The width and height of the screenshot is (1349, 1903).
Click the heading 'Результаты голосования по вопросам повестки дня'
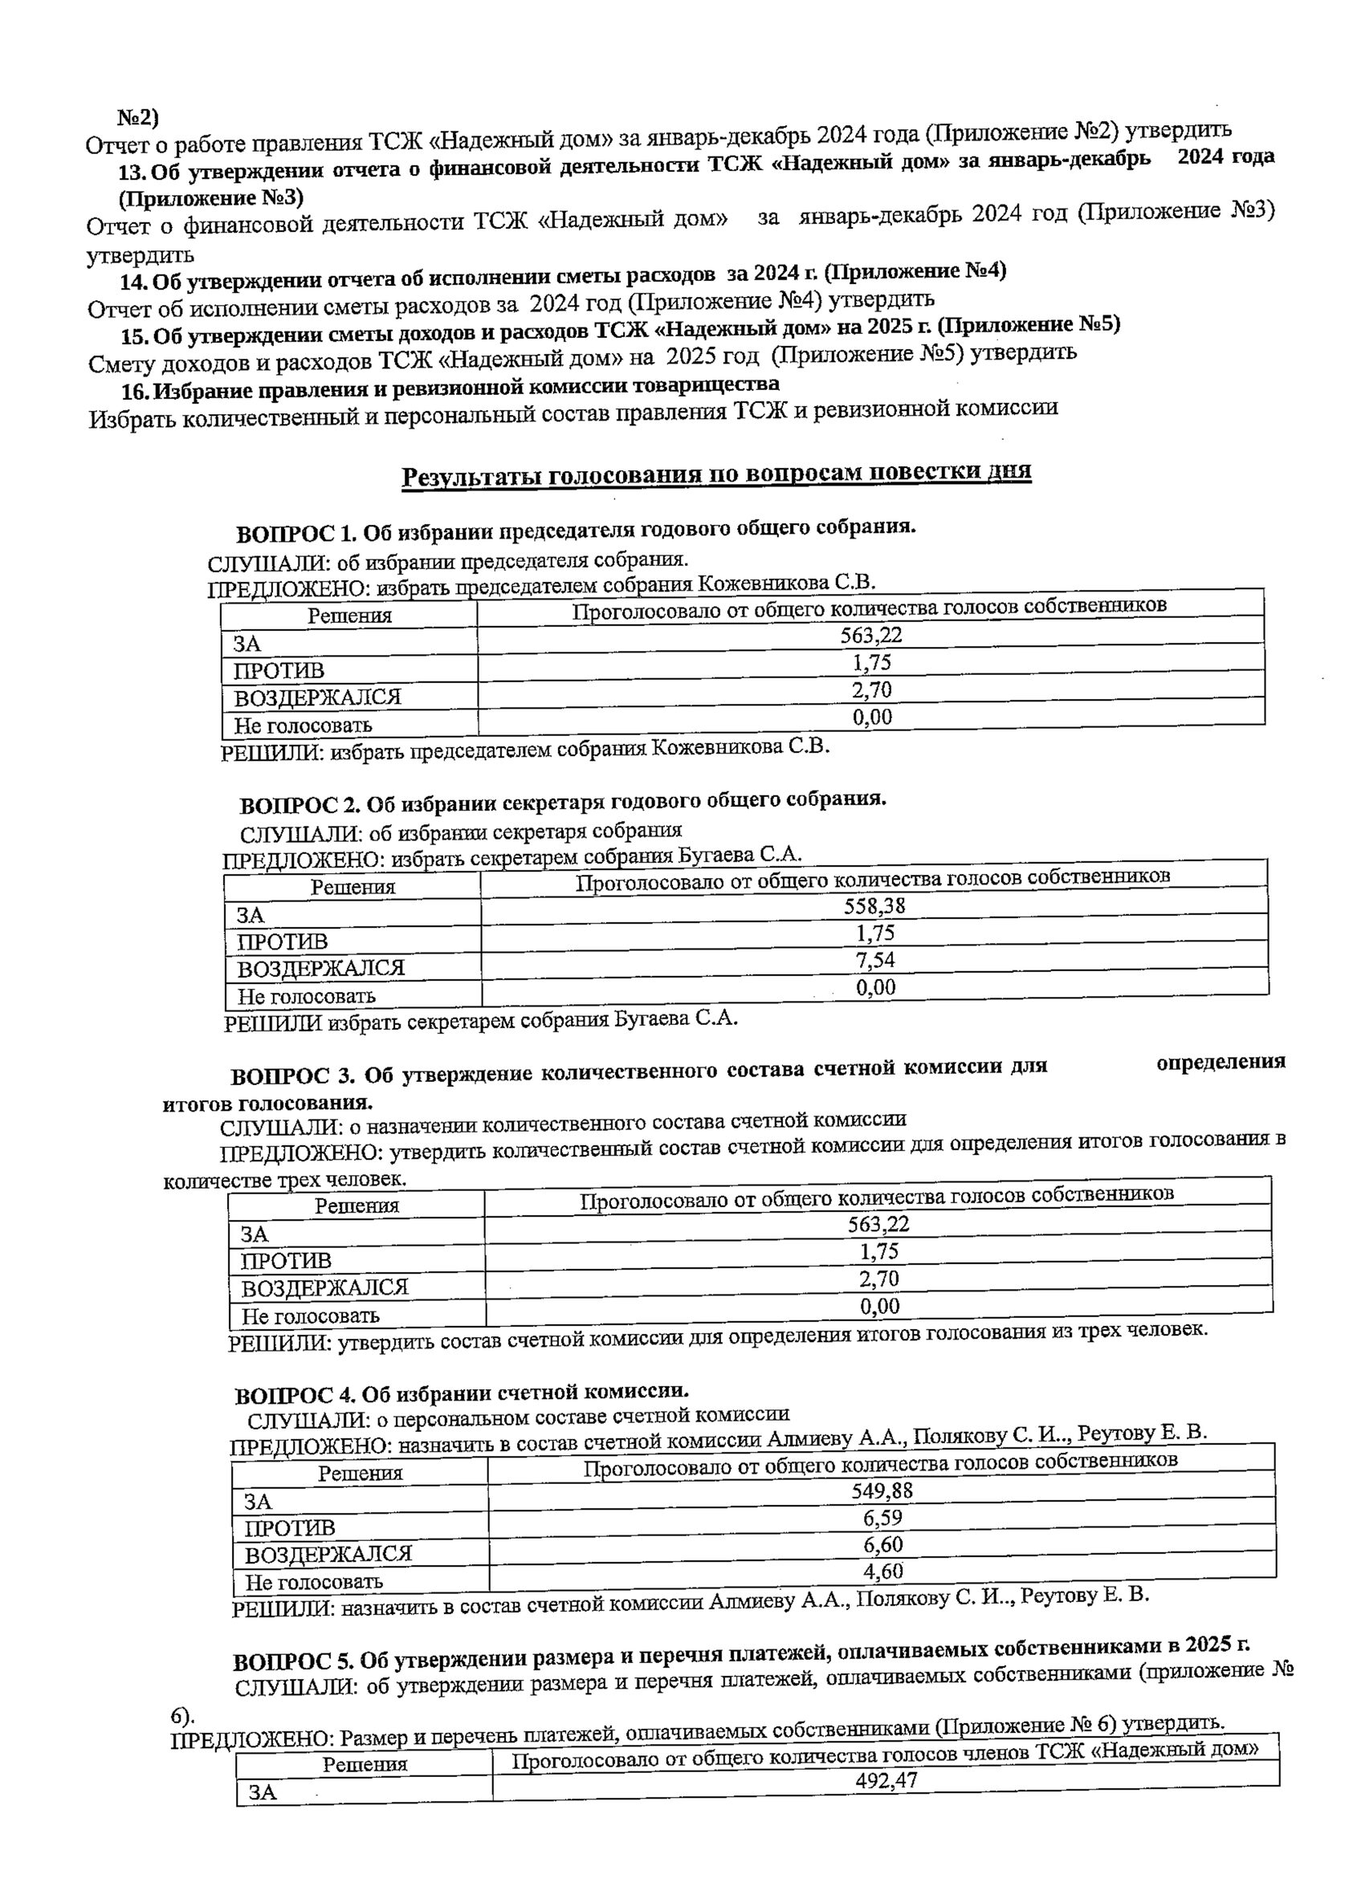[x=716, y=476]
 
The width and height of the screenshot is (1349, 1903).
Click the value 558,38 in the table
[x=874, y=907]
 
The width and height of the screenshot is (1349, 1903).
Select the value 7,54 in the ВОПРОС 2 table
[x=875, y=961]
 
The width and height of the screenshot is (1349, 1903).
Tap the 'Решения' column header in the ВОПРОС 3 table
[x=357, y=1206]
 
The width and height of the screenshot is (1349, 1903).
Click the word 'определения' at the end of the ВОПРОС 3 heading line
[x=1221, y=1062]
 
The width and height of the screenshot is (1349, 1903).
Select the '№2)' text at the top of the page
[x=138, y=117]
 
